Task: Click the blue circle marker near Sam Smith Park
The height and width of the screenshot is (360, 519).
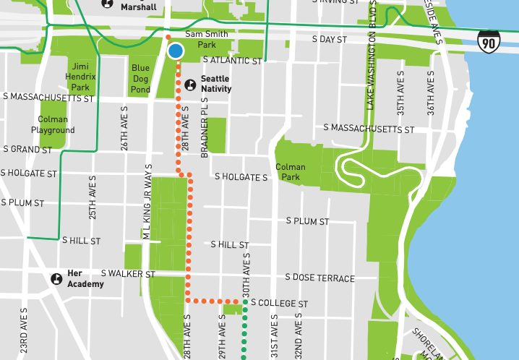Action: pyautogui.click(x=176, y=51)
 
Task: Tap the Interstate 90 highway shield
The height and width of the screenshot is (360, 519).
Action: pyautogui.click(x=488, y=44)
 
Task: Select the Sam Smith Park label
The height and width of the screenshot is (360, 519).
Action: pyautogui.click(x=207, y=39)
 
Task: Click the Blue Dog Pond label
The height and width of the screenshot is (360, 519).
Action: pyautogui.click(x=140, y=79)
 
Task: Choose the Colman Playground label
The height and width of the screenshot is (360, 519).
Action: pyautogui.click(x=53, y=125)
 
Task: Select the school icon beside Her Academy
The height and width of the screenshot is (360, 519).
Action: pyautogui.click(x=56, y=278)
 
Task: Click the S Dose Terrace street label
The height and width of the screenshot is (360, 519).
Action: pyautogui.click(x=319, y=278)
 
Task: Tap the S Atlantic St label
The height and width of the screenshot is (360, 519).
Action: pyautogui.click(x=232, y=61)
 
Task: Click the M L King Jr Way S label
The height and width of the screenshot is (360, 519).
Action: pyautogui.click(x=146, y=210)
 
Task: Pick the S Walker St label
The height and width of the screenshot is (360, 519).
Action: pyautogui.click(x=128, y=274)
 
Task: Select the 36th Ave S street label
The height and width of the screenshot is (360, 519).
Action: pyautogui.click(x=431, y=95)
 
